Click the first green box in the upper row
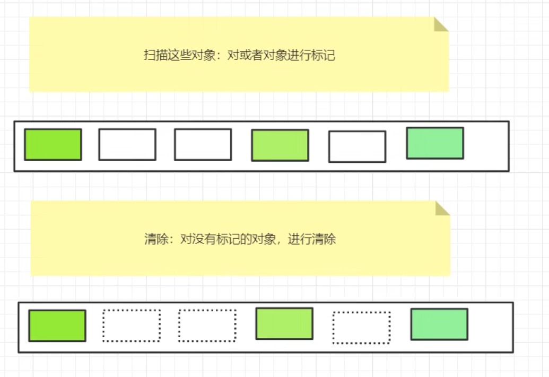pos(53,144)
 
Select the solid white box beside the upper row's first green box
pos(127,144)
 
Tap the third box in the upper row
pos(203,144)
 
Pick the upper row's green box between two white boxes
pos(280,145)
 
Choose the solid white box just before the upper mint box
pos(357,146)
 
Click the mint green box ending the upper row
pos(435,143)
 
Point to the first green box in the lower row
pos(57,326)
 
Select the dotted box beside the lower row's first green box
pos(132,326)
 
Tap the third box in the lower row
pos(207,326)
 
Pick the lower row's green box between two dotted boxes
pos(284,323)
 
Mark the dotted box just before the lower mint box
pos(361,328)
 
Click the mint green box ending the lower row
pos(439,324)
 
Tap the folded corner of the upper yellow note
pos(441,24)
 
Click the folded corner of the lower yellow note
pos(442,208)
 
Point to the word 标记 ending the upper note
pos(324,55)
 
